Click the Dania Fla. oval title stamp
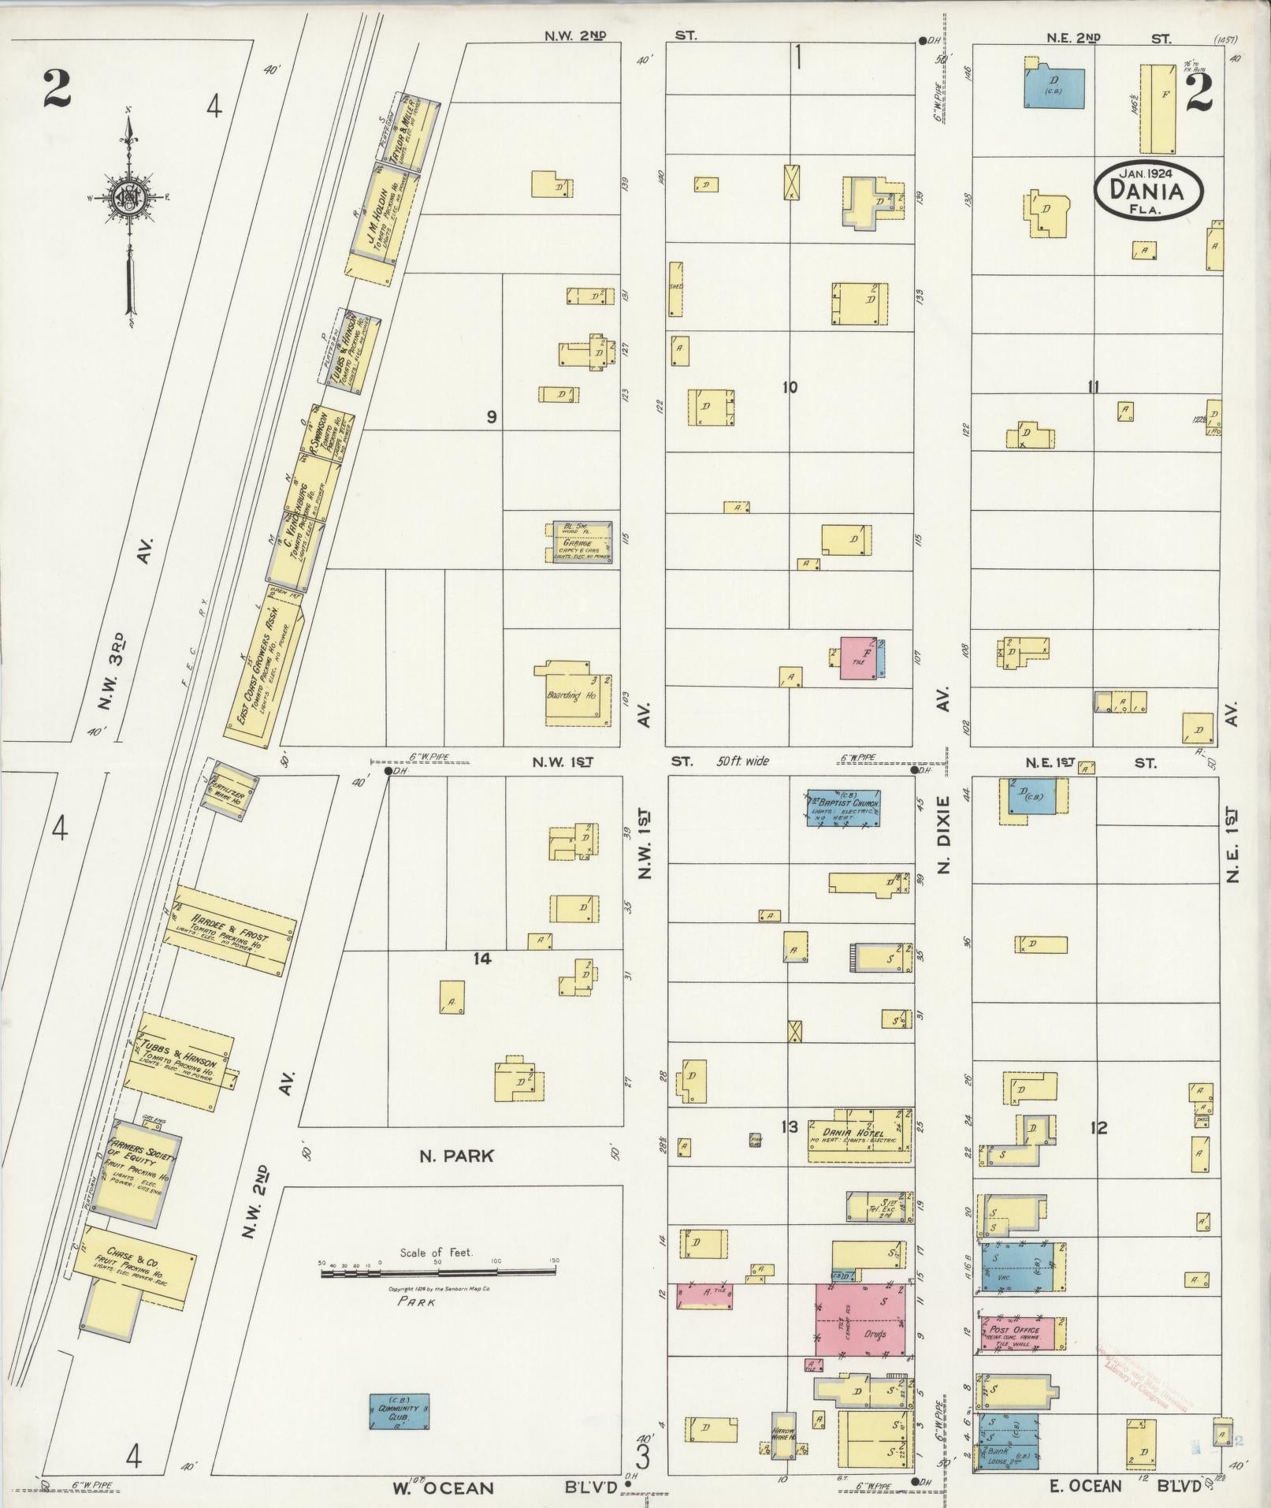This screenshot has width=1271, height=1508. [x=1149, y=190]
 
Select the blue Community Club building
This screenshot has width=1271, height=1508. [x=400, y=1411]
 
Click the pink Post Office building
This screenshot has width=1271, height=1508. [x=1022, y=1333]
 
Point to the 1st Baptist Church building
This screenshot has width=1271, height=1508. [x=842, y=807]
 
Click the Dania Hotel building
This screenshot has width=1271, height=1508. [x=860, y=1136]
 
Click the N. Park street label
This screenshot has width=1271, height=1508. [x=456, y=1156]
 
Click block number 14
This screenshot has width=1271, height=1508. [x=482, y=959]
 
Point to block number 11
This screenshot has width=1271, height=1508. [x=1092, y=387]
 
